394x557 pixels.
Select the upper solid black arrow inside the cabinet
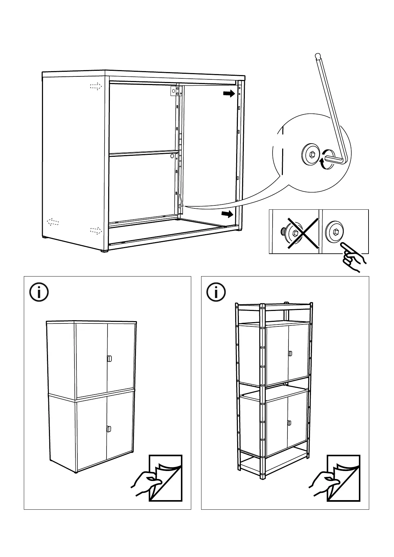coord(229,94)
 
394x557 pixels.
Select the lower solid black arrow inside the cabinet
coord(227,214)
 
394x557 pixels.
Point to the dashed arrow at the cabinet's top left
coord(96,87)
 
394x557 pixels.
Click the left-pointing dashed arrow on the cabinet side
coord(53,222)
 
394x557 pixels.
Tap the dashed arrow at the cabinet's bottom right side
coord(96,230)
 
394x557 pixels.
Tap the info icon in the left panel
coord(39,292)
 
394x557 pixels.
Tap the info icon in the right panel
coord(216,292)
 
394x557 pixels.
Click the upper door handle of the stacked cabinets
coord(109,360)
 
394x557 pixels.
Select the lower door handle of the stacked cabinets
coord(109,429)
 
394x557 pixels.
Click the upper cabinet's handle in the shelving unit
coord(290,353)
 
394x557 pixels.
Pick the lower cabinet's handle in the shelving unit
coord(289,423)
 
